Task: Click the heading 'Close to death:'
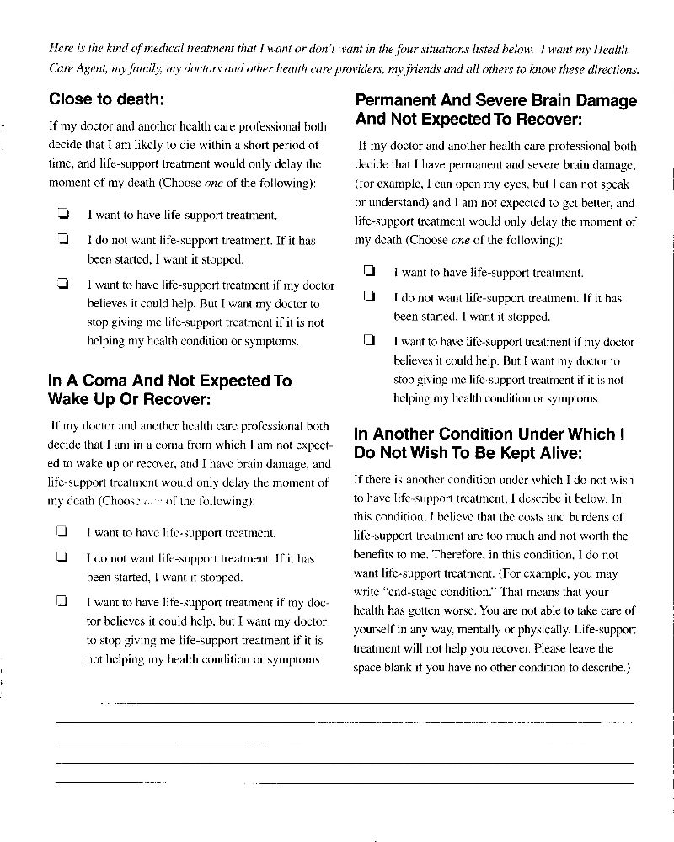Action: (x=106, y=99)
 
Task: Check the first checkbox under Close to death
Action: (x=62, y=215)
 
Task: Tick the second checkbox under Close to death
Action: (x=62, y=240)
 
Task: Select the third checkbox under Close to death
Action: (x=62, y=284)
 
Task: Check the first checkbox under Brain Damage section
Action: (x=368, y=272)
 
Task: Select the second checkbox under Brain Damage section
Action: (x=368, y=297)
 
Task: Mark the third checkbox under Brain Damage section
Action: (x=368, y=341)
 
